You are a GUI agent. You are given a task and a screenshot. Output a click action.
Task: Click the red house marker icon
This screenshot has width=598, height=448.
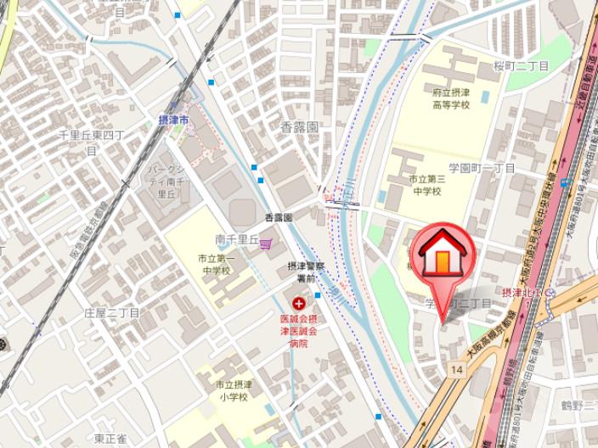pos(442,253)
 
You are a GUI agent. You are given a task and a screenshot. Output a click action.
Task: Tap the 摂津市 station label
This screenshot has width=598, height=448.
pos(174,120)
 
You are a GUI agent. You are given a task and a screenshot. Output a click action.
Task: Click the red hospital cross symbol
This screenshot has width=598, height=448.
pos(298,303)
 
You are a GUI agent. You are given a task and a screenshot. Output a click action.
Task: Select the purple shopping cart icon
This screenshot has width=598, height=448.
pos(266,243)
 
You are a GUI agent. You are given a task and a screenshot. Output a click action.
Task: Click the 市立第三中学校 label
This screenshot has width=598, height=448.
pos(425,185)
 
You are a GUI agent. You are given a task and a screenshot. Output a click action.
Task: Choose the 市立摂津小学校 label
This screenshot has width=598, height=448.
pos(230,391)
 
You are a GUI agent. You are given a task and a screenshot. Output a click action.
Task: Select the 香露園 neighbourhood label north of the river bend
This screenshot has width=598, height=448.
pos(300,126)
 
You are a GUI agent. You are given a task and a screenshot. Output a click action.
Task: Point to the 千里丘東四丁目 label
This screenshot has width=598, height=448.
pos(91,142)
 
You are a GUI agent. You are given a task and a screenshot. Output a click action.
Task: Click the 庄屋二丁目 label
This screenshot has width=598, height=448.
pos(111,313)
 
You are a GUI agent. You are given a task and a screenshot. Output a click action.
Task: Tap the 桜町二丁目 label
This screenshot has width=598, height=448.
pos(522,65)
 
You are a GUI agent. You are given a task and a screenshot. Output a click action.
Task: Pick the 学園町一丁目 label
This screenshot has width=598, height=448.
pos(482,168)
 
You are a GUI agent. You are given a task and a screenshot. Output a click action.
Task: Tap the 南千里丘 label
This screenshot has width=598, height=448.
pos(235,240)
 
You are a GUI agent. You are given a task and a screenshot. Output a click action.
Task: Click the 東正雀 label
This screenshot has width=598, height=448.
pos(110,439)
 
